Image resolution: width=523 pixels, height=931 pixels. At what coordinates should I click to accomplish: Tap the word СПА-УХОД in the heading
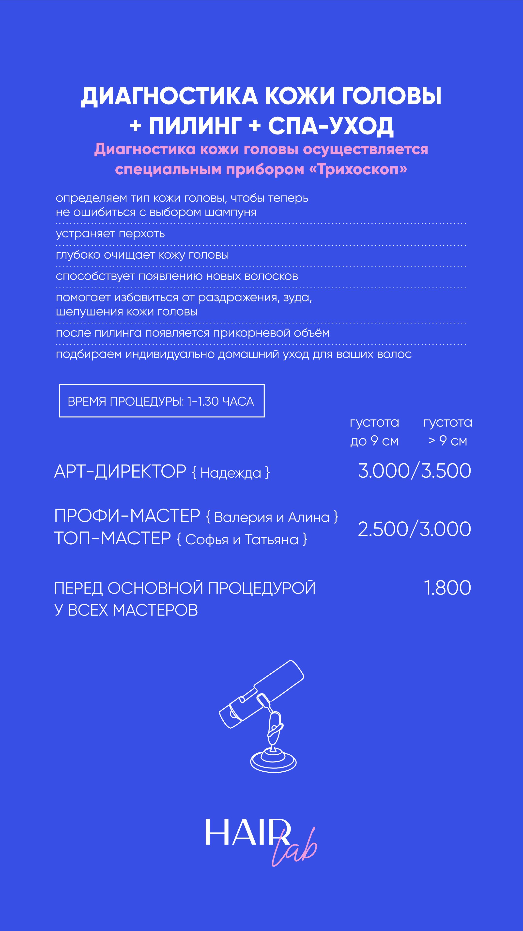click(330, 126)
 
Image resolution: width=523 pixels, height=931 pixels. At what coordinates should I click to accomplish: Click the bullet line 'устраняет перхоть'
click(110, 234)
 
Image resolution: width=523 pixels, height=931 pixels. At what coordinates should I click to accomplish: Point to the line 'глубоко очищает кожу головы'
click(142, 255)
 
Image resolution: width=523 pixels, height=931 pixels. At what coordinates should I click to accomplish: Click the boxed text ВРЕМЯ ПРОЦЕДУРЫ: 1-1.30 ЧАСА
click(161, 401)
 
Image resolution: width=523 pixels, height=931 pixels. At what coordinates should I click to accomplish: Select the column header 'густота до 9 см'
click(374, 432)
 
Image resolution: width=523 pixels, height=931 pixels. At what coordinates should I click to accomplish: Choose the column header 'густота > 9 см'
click(447, 432)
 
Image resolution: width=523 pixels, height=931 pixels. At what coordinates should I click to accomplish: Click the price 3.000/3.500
click(414, 471)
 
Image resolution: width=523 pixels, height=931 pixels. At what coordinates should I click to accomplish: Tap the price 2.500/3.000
click(414, 529)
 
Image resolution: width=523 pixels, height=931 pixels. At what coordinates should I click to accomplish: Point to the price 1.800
click(447, 588)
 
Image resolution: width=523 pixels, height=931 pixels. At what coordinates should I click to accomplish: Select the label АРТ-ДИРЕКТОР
click(120, 472)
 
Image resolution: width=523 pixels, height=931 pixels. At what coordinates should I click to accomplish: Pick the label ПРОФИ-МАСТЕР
click(127, 516)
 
